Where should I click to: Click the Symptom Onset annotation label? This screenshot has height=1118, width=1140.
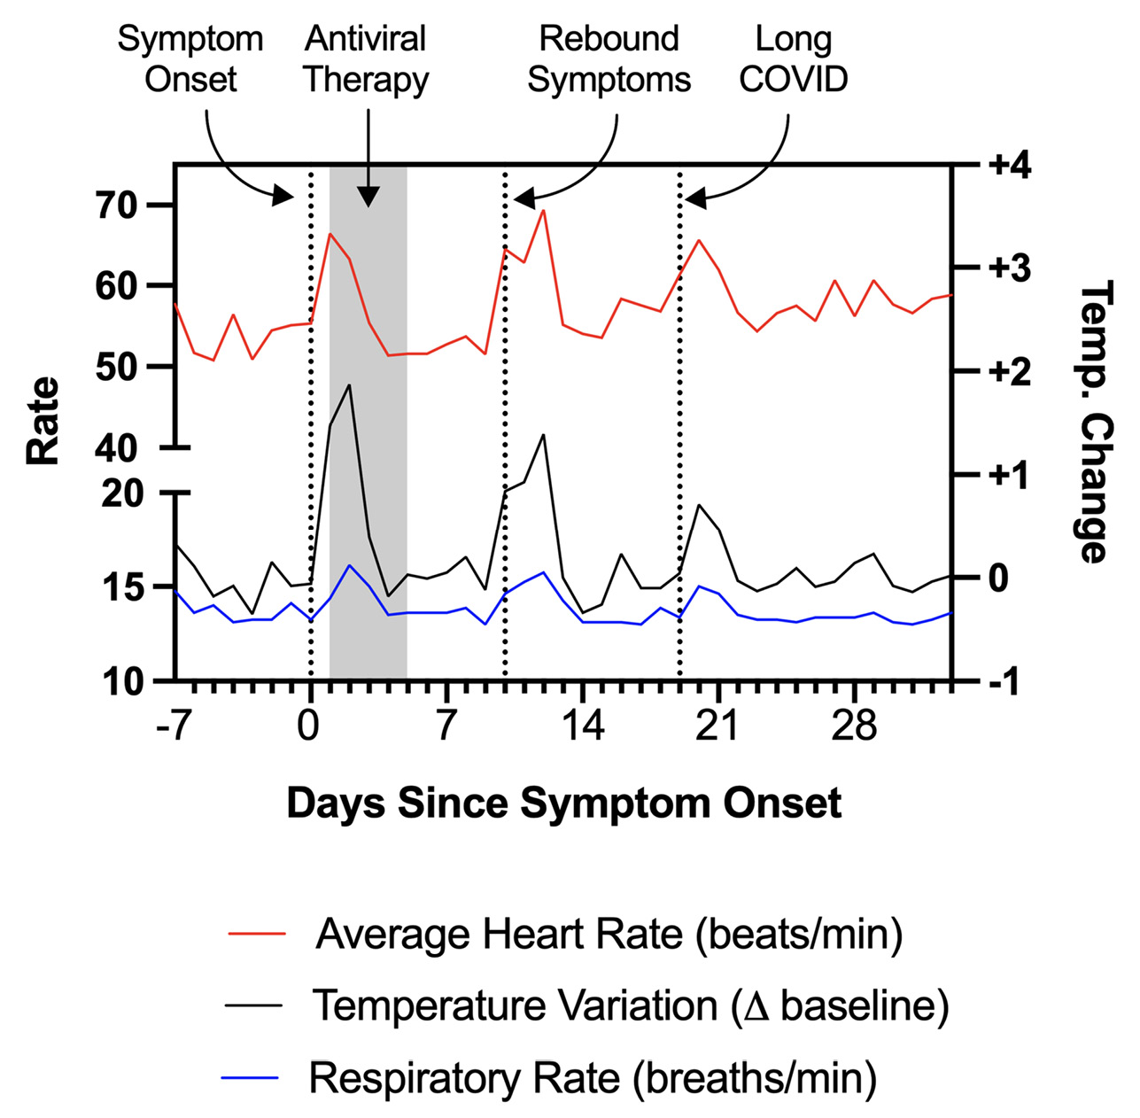pyautogui.click(x=190, y=58)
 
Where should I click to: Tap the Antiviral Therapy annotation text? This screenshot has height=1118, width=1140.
pyautogui.click(x=366, y=58)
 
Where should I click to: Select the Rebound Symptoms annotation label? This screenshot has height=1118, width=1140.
pyautogui.click(x=609, y=58)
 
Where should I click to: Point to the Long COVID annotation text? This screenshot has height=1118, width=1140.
pyautogui.click(x=794, y=58)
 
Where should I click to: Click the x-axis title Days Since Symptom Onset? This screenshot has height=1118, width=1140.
pyautogui.click(x=563, y=804)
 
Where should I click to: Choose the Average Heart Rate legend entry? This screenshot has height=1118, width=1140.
pyautogui.click(x=609, y=934)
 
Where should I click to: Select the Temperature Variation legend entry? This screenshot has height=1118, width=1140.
pyautogui.click(x=630, y=1005)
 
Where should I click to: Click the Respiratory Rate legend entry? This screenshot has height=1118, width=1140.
pyautogui.click(x=593, y=1078)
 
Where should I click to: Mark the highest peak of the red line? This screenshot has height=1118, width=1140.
pyautogui.click(x=543, y=211)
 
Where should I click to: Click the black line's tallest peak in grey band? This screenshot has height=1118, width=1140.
pyautogui.click(x=350, y=385)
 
